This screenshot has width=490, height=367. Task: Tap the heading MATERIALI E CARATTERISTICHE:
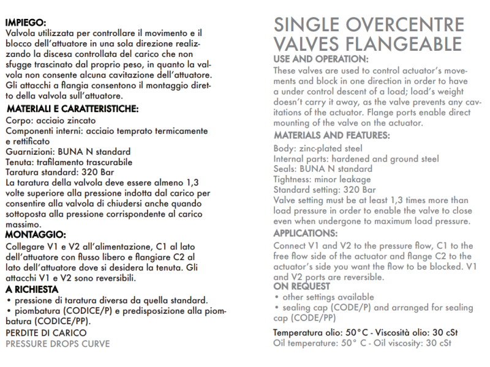tap(73, 109)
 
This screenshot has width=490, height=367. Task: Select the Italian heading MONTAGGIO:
tap(36, 234)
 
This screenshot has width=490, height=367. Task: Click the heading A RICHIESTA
tap(32, 289)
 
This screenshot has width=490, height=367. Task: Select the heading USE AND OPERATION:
tap(321, 59)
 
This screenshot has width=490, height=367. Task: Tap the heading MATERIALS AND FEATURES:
tap(331, 135)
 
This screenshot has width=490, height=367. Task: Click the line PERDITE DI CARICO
tap(46, 333)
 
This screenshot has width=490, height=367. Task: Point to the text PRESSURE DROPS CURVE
tap(58, 344)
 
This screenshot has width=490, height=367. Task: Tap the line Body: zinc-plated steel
tap(317, 149)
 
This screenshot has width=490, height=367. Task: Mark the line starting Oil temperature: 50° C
tap(362, 344)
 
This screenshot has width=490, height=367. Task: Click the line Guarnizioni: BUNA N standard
tap(67, 152)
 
